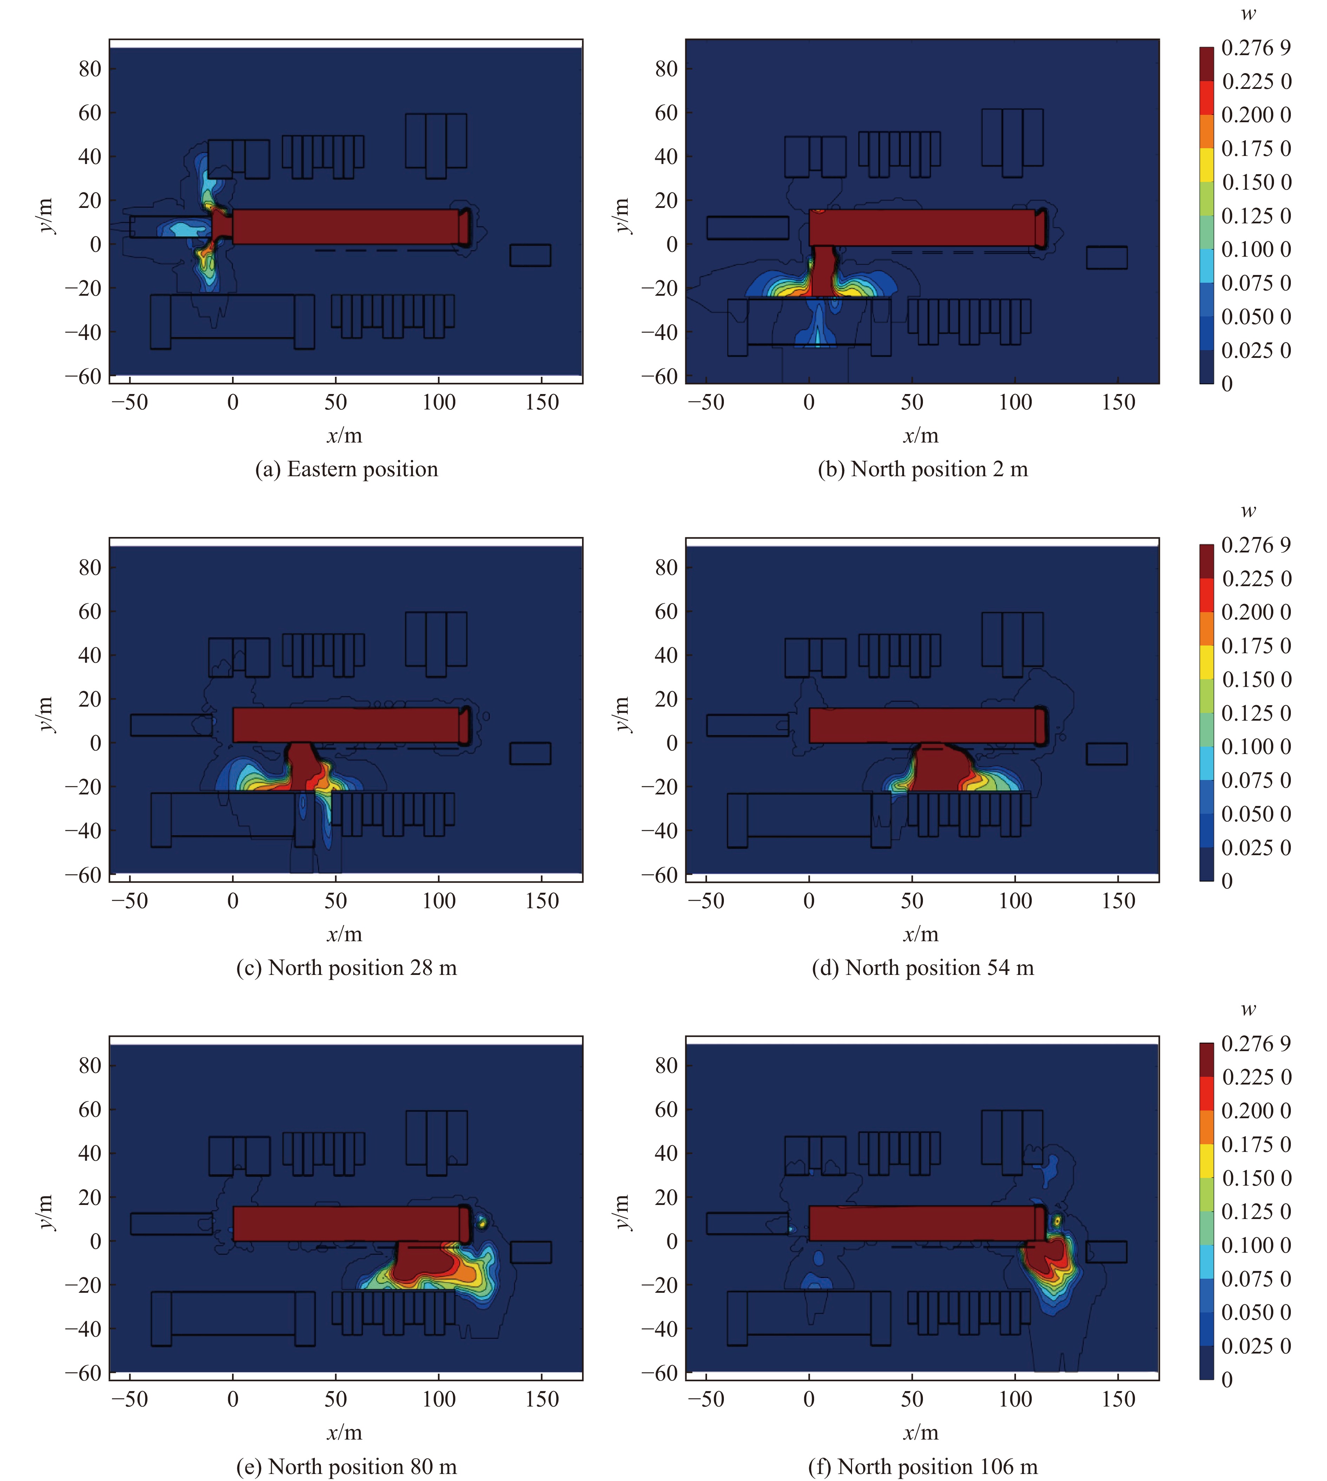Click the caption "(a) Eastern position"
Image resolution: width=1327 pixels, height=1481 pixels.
[x=346, y=469]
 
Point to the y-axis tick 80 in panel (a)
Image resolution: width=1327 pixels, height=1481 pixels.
[x=90, y=68]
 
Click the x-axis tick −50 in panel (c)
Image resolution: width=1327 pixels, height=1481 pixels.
[x=130, y=901]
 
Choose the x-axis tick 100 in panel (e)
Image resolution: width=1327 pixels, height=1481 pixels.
[x=439, y=1399]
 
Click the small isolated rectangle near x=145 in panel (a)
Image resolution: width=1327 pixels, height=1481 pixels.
[x=530, y=255]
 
